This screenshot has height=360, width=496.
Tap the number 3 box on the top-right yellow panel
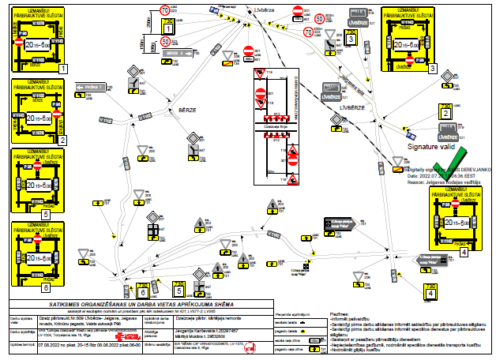tap(433, 69)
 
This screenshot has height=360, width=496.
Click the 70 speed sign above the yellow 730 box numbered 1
tap(167, 11)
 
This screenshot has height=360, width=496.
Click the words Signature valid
tap(430, 147)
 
